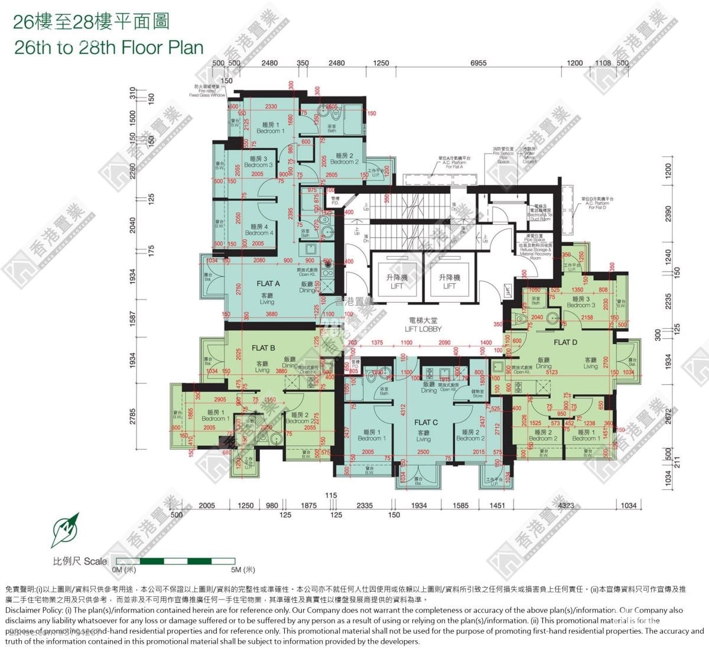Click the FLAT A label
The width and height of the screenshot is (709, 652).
(x=268, y=284)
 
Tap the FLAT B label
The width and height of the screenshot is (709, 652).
(x=264, y=348)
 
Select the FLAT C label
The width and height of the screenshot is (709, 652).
(x=426, y=422)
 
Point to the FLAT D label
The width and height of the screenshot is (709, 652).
(x=565, y=342)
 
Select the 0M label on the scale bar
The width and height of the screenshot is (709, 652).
(x=124, y=570)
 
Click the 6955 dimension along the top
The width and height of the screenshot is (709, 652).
(x=479, y=63)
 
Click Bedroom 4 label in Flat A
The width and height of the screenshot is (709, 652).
(x=259, y=229)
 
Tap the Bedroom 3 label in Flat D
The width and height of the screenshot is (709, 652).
(x=581, y=302)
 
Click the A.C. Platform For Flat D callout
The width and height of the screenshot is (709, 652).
(x=601, y=203)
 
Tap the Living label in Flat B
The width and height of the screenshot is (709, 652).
(x=262, y=366)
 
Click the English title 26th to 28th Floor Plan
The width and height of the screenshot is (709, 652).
(x=109, y=47)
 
